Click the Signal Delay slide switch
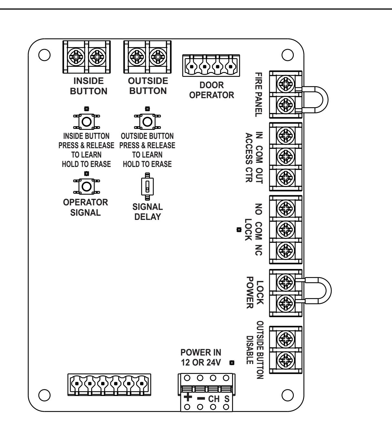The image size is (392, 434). [147, 187]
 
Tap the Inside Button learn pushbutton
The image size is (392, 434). [86, 122]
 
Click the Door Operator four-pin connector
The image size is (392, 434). [211, 65]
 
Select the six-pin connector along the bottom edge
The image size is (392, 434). [109, 385]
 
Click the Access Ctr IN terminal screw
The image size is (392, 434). [286, 135]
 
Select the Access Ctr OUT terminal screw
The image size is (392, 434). [286, 178]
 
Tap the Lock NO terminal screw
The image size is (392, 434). [286, 208]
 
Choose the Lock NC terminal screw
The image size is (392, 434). [286, 251]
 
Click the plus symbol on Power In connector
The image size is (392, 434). [187, 397]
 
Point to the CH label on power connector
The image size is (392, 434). [214, 399]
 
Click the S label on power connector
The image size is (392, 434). [227, 399]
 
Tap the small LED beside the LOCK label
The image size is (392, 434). [239, 230]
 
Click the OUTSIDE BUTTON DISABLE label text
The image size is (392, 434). [255, 350]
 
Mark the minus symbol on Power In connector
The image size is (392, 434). [201, 398]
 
